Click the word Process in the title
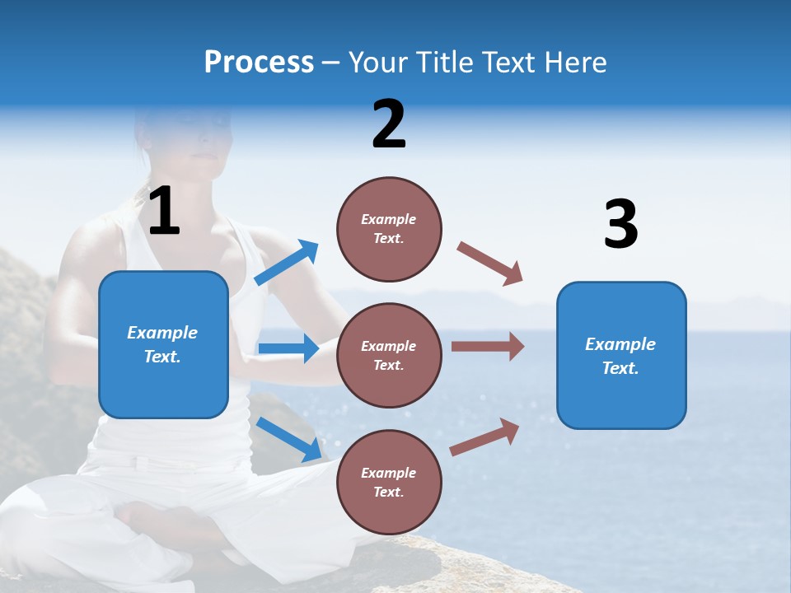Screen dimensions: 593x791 pos(259,62)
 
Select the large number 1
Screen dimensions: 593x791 pos(164,211)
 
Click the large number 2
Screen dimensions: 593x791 pos(389,124)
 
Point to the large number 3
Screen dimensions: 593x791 pos(620,224)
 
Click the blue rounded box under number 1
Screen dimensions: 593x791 pos(163,344)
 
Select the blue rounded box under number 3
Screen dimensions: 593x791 pos(621,356)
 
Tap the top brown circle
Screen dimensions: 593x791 pos(389,229)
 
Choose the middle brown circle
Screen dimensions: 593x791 pos(389,356)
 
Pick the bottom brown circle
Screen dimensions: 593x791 pos(389,483)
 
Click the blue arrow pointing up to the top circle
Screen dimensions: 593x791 pos(286,264)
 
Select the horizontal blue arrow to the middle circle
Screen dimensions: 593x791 pos(288,348)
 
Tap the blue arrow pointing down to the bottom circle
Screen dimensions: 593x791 pos(288,438)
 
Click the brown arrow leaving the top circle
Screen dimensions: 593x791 pos(489,264)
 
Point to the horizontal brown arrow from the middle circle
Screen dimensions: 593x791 pos(487,347)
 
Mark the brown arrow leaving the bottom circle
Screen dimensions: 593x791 pos(485,437)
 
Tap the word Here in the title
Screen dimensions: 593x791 pos(574,62)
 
